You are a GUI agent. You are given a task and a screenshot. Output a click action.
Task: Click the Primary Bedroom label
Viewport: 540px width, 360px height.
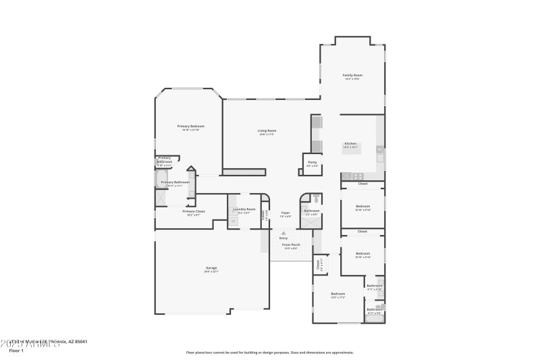pos(191,126)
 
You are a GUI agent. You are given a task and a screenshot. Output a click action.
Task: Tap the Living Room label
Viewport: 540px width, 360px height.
pos(267,130)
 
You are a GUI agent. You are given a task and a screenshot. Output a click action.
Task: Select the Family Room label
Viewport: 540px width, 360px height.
pos(352,75)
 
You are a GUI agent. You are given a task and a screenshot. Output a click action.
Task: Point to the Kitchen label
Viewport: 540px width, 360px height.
pos(350,143)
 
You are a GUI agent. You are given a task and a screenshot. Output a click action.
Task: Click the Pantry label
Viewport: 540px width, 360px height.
pos(312,162)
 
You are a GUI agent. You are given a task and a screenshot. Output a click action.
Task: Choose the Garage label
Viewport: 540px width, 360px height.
pos(211,268)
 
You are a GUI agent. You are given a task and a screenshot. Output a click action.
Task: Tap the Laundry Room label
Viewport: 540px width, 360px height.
pos(244,209)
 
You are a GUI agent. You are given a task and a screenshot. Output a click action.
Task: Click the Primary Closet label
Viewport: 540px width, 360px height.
pos(194,211)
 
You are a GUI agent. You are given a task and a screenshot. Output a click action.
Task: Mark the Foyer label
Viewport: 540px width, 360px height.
pos(286,212)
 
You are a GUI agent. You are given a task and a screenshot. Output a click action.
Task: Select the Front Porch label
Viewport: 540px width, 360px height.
pos(291,246)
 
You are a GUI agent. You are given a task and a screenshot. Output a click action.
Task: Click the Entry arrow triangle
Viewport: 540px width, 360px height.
pos(283,233)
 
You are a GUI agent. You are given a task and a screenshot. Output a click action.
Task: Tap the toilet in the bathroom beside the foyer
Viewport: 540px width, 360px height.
pos(316,199)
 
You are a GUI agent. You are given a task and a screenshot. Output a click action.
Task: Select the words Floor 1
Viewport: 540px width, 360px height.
pos(16,351)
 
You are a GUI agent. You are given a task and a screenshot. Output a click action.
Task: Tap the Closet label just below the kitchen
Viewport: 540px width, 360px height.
pos(362,184)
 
